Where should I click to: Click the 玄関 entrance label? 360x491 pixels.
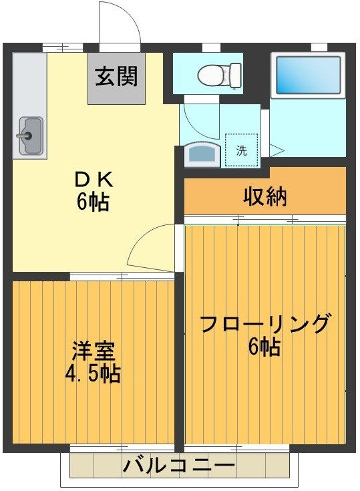point(116,77)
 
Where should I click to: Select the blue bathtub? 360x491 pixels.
point(308,75)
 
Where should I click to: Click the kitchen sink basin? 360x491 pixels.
point(30,136)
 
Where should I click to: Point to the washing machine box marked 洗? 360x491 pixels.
point(241,150)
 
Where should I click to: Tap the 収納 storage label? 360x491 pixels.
point(264,196)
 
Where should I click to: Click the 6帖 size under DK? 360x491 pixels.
point(93,202)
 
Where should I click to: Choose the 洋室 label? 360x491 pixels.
point(93,351)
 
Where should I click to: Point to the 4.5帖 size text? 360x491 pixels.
point(93,374)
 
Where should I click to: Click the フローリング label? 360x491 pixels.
point(265,324)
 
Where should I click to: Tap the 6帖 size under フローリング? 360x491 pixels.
point(264,347)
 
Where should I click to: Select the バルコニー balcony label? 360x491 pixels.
point(178,464)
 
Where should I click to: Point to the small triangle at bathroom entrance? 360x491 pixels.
point(275,150)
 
